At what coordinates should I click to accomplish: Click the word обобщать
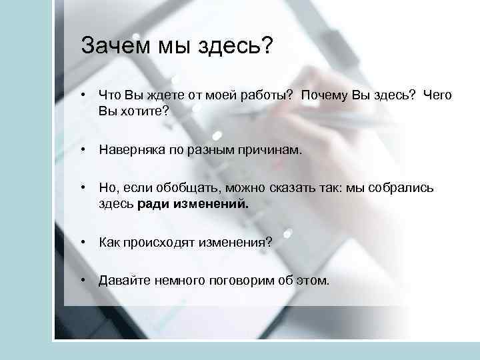point(175,188)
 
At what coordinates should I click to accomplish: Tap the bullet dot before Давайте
point(82,281)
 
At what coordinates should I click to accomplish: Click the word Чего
point(436,95)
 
